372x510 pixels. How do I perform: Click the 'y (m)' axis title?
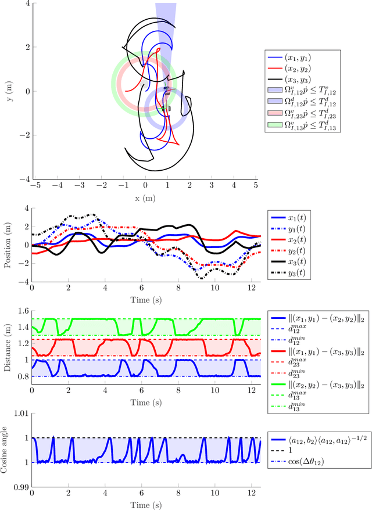11,92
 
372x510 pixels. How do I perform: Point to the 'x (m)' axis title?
145,197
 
